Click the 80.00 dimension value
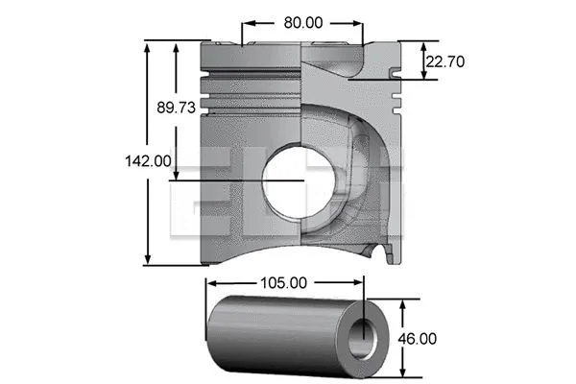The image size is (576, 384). (x=301, y=20)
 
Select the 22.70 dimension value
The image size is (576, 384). (x=445, y=61)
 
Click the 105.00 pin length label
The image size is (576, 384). (x=284, y=283)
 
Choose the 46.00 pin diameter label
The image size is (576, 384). (x=419, y=338)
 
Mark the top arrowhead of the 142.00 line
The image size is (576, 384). (x=148, y=44)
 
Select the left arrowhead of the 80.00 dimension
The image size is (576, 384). (x=245, y=20)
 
